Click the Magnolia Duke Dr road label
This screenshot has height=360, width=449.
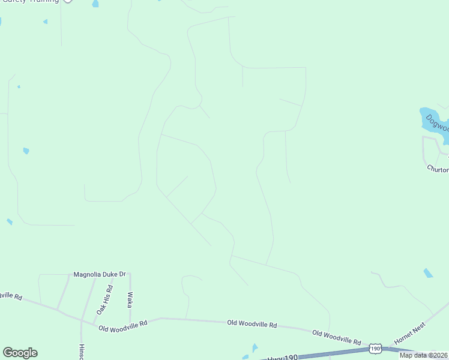[99, 274]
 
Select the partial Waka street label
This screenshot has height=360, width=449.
[130, 299]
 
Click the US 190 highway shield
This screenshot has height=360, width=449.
[375, 349]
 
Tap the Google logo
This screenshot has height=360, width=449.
[20, 353]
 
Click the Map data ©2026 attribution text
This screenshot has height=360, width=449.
[423, 355]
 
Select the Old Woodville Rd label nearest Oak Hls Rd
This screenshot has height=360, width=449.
[123, 326]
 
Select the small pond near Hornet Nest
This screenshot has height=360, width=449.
[428, 273]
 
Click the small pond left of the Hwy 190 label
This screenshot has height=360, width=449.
[255, 348]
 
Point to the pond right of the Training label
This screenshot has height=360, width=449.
[95, 4]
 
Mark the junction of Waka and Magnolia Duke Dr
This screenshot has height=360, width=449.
[130, 274]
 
